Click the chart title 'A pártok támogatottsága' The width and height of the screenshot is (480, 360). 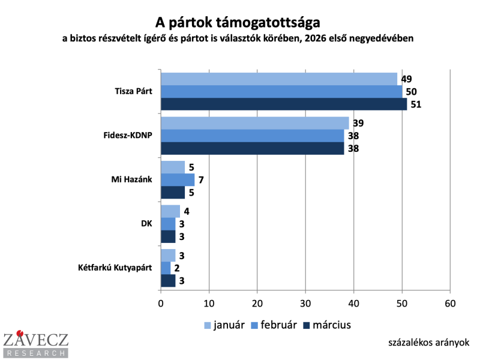point(238,22)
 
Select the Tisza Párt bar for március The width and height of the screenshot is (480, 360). point(284,104)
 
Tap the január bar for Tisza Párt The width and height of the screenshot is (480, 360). point(279,79)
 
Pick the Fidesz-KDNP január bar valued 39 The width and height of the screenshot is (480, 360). point(255,124)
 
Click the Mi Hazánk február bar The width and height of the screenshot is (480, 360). point(178,180)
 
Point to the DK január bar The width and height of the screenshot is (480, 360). point(170,211)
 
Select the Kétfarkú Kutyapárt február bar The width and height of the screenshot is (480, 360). point(166,268)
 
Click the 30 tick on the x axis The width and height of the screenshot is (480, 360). point(305,304)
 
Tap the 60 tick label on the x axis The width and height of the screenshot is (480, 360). point(450,304)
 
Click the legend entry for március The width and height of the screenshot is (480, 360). point(326,325)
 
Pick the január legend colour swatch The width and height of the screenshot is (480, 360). point(208,326)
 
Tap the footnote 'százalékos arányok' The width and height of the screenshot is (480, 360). point(428,342)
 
